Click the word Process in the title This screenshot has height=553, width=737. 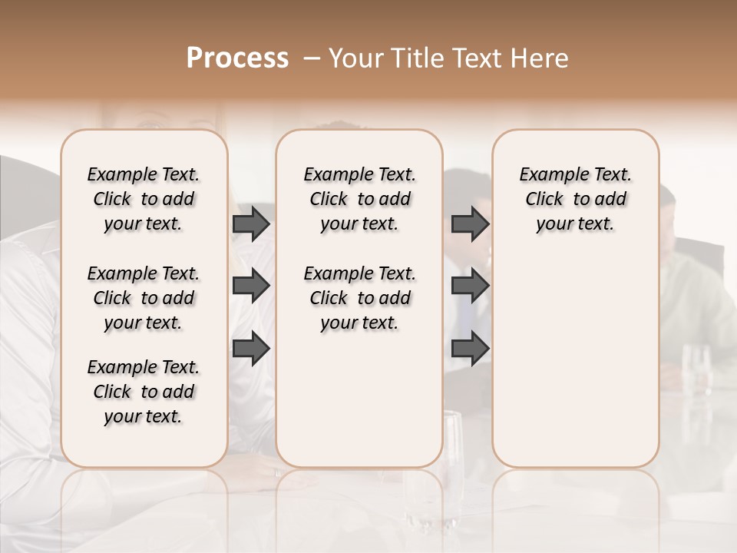point(237,58)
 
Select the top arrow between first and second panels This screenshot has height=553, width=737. point(251,224)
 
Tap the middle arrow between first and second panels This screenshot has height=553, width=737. point(251,286)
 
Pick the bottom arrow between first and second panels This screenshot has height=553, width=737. point(251,349)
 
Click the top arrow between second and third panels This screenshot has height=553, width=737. point(470,224)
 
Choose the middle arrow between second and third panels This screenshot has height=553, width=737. point(470,286)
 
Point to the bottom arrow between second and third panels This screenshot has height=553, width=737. point(470,349)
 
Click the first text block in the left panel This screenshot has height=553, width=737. point(144,199)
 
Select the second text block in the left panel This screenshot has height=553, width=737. point(144,298)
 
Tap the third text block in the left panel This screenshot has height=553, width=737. point(144,392)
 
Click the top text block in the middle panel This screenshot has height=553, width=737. point(359,199)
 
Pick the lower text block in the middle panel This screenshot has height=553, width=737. point(359,298)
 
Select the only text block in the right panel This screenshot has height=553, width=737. point(575,199)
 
